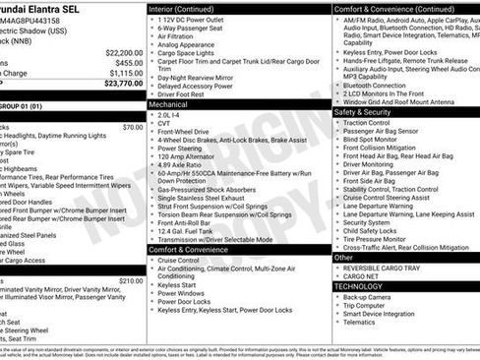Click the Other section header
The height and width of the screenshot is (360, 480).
coord(345,257)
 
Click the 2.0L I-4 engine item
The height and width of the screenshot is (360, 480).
coord(169,113)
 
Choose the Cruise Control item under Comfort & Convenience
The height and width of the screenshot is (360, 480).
coord(178,261)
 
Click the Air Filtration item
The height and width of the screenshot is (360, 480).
coord(177,35)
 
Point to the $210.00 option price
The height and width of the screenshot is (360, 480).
coord(131,280)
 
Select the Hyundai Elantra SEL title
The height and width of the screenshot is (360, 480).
coord(39,8)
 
